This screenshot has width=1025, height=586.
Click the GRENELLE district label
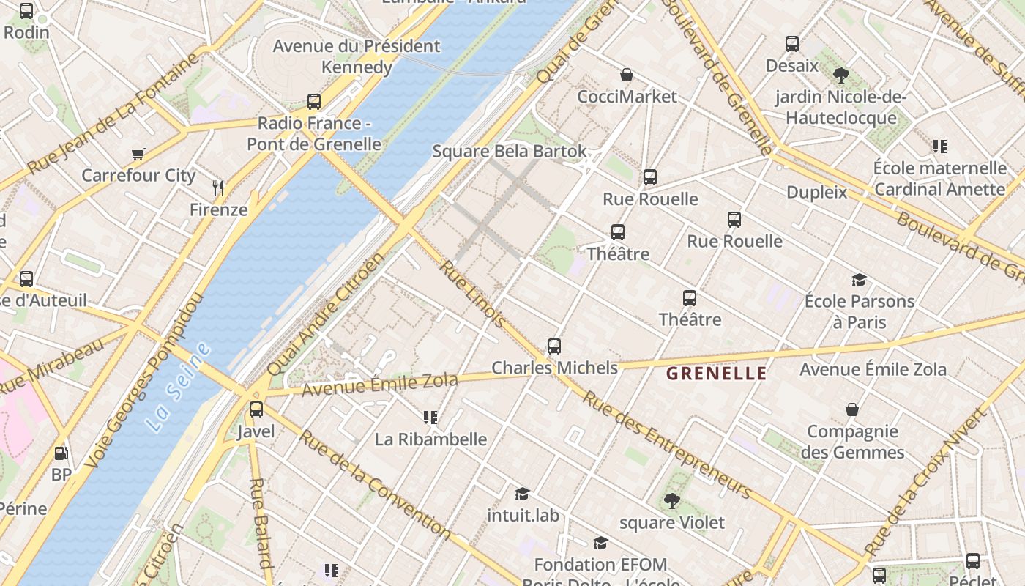coord(716,374)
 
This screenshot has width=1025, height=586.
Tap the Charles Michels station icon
coord(554,346)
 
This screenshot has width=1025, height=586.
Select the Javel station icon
coord(256,409)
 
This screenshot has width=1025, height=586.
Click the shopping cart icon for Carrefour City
coord(138,154)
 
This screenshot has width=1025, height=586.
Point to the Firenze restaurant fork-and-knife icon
coord(218,188)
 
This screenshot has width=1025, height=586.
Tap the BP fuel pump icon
coord(61,453)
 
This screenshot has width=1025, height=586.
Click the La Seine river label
coord(179,386)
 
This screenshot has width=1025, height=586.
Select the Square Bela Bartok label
coord(510,152)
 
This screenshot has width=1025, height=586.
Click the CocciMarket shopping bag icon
coord(627,75)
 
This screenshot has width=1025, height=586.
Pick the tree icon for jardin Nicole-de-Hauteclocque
coord(840,75)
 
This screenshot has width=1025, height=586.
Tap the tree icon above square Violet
coord(671,501)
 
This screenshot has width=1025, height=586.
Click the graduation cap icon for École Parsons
coord(859,280)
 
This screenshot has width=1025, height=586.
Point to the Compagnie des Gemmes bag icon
coord(852,409)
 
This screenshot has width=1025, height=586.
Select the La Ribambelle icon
coord(430,418)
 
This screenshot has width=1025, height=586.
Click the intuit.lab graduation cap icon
coord(522,494)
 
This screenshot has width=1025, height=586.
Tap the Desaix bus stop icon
coord(791,44)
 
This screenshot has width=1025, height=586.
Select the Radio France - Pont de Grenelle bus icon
coord(314,102)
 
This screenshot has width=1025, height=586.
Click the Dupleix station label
coord(816,193)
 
